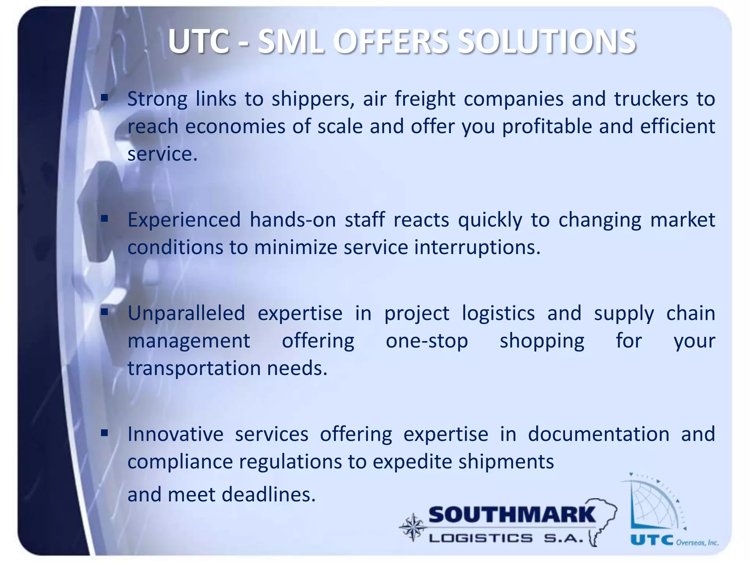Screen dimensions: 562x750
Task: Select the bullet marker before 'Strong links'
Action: point(105,98)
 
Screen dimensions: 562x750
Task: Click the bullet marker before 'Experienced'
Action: point(105,219)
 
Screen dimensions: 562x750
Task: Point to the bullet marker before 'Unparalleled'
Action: point(105,312)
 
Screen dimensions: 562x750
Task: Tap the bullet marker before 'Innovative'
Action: point(105,433)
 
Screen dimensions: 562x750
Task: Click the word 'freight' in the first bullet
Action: point(425,99)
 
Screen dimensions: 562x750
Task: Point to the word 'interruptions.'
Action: point(477,248)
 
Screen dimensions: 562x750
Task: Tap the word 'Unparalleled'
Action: point(186,314)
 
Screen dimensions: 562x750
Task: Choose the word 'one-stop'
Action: point(427,341)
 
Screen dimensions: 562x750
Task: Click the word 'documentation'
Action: point(598,435)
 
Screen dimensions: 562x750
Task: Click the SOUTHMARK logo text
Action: point(512,515)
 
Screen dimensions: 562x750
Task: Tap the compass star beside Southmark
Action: point(413,527)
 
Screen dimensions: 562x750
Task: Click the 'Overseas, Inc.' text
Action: point(697,542)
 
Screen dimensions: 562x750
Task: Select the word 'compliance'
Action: point(180,462)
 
